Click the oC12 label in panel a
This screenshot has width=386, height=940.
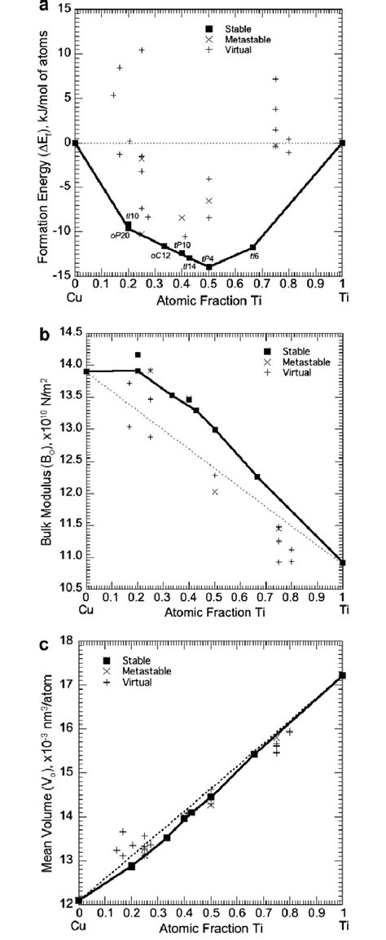160,254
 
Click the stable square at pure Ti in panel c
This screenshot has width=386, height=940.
342,675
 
